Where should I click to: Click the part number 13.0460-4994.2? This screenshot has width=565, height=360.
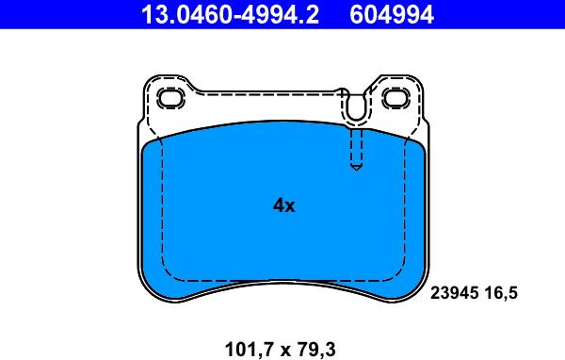[x=230, y=14]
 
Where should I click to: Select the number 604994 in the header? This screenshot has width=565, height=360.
[x=392, y=14]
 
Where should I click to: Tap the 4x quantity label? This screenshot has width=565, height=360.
[x=284, y=205]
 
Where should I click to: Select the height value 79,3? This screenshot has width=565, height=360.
[x=318, y=350]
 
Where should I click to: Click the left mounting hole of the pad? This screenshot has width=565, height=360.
[x=171, y=98]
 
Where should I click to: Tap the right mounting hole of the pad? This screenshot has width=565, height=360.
[x=396, y=98]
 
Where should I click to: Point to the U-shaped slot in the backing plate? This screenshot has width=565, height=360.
[x=356, y=106]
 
